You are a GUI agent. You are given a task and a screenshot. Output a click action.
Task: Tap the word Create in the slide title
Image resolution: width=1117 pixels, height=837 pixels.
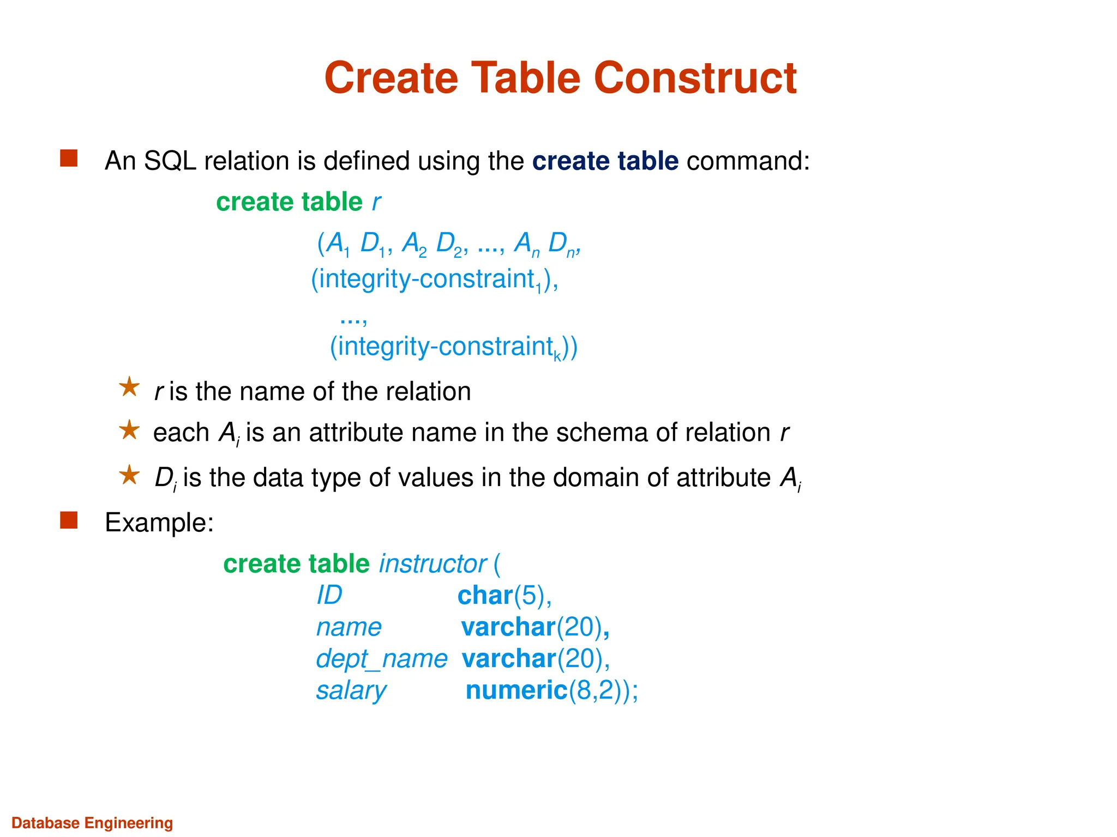pos(391,78)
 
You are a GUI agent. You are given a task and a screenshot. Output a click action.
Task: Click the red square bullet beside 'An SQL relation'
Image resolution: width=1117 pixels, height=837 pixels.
pos(69,159)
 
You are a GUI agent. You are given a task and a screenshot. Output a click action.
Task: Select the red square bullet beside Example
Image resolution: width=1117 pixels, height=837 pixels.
pos(69,520)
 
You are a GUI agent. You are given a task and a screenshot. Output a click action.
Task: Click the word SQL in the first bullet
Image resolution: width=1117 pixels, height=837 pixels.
pos(170,161)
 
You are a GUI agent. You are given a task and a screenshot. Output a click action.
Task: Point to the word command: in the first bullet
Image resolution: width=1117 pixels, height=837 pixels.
pos(748,161)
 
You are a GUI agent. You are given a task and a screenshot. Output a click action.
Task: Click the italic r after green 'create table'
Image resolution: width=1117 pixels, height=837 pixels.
pos(376,202)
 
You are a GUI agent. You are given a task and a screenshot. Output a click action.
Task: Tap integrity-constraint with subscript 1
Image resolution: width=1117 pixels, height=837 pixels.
pos(434,279)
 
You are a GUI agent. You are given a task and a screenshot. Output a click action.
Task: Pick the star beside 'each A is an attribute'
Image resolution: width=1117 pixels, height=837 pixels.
pos(129,430)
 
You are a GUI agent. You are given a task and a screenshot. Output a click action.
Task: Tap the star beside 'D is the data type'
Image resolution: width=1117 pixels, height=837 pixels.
pos(129,475)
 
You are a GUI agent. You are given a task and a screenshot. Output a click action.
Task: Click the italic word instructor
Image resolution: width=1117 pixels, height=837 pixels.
pos(433,563)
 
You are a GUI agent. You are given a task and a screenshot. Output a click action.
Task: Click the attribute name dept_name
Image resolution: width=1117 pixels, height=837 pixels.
pos(381,659)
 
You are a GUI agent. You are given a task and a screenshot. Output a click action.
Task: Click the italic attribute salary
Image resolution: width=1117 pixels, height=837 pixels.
pos(351,690)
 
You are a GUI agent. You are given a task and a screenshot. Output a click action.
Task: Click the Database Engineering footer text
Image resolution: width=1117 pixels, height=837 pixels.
pos(92,823)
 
